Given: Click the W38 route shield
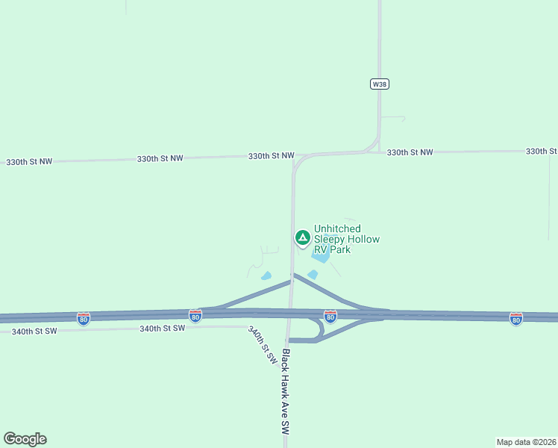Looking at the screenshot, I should click(380, 84).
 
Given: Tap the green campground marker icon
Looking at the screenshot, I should click(302, 238).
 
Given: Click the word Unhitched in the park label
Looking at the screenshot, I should click(337, 228).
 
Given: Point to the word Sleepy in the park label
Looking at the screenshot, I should click(329, 239).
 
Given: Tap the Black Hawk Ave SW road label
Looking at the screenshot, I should click(284, 393).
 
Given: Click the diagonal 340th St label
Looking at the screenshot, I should click(263, 346).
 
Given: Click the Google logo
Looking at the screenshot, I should click(25, 439).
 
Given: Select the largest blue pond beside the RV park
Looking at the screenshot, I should click(321, 258).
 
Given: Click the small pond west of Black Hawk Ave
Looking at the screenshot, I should click(266, 276).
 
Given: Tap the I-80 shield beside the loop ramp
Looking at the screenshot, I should click(330, 317).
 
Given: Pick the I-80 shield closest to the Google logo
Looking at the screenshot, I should click(84, 319).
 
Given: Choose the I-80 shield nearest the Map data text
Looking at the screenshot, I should click(515, 319).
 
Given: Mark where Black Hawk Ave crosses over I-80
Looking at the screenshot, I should click(289, 314).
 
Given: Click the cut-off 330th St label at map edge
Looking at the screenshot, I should click(542, 151).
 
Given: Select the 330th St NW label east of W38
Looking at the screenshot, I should click(410, 152).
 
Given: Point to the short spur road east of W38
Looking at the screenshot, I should click(393, 118).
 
